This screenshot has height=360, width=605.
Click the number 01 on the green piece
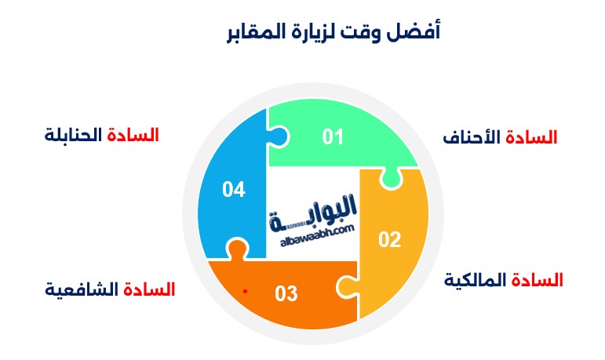333,137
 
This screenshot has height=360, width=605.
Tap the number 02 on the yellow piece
390,240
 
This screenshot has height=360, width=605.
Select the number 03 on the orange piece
286,293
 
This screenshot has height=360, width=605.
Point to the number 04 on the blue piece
234,190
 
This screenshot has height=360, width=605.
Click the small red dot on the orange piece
245,291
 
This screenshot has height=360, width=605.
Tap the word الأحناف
472,137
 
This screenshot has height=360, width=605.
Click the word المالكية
475,280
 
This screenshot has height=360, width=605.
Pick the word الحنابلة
73,135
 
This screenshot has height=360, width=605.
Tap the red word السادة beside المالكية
537,280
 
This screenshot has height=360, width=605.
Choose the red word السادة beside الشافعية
149,289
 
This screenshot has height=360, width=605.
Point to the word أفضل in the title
414,31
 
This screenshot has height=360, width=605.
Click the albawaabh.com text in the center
317,236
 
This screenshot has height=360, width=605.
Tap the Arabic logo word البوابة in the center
313,214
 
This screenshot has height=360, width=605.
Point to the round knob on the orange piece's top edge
236,248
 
